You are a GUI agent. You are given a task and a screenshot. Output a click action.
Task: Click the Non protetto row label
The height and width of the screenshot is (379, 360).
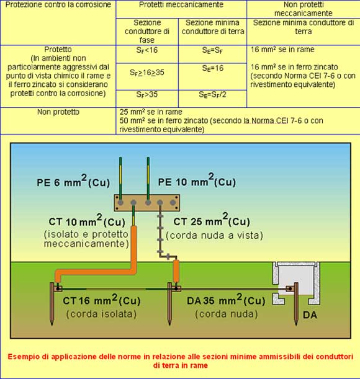[x=58, y=112]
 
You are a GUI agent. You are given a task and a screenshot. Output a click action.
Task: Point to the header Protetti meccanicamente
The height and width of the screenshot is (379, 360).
[x=181, y=4]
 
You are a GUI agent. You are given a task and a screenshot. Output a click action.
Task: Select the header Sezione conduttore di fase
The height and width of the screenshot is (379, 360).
[x=147, y=31]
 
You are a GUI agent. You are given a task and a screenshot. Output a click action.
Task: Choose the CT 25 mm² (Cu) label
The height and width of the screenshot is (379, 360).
[x=212, y=220]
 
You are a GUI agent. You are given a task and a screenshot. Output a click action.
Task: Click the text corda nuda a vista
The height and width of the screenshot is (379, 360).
[x=214, y=236]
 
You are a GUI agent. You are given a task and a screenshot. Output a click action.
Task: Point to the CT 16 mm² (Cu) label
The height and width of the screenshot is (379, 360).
[x=102, y=300]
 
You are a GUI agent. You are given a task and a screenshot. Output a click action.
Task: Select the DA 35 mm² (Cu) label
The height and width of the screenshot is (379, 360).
[x=226, y=300]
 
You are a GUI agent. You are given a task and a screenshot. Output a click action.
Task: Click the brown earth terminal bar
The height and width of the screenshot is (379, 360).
[x=147, y=203]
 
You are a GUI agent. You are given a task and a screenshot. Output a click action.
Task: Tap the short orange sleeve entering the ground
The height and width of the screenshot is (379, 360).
[x=176, y=271]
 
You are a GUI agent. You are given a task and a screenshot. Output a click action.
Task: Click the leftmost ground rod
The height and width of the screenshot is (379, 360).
[x=52, y=304]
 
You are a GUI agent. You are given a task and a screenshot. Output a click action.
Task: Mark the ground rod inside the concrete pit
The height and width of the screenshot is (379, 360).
[x=296, y=304]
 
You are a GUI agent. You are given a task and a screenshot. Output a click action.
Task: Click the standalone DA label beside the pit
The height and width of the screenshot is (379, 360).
[x=310, y=315]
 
